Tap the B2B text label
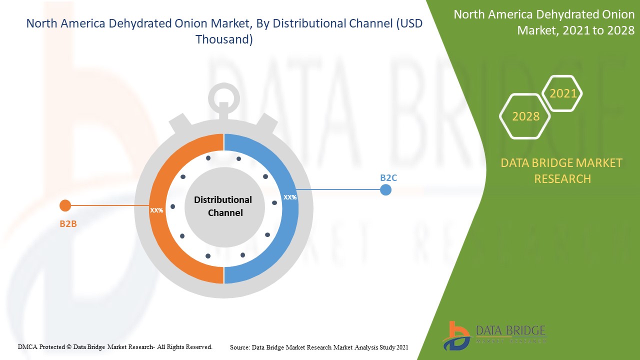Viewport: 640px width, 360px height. point(68,223)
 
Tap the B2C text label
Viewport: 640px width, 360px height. point(388,177)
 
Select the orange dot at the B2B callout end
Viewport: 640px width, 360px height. point(65,205)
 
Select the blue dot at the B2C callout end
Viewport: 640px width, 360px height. point(385,190)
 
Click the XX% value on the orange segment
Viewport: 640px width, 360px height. point(156,210)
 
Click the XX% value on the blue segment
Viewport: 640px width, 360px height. point(290,197)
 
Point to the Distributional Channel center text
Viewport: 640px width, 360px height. point(223,206)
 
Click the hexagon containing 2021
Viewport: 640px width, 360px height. point(562,93)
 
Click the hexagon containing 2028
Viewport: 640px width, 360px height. point(525,116)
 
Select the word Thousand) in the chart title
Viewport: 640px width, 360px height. point(224,39)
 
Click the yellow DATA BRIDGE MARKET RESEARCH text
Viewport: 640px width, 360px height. point(561,170)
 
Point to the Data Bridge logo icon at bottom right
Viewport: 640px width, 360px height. point(456,335)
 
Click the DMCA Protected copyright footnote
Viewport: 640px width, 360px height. point(115,346)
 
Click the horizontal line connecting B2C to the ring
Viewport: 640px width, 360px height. point(340,190)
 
